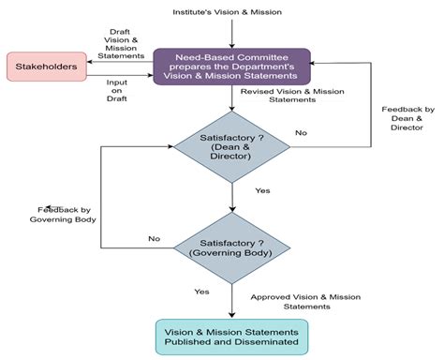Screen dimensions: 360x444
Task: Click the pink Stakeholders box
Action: (45, 67)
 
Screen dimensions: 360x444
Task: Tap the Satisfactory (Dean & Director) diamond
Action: (230, 145)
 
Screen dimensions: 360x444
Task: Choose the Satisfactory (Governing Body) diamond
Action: (230, 247)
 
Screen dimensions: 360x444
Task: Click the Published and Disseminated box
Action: (230, 337)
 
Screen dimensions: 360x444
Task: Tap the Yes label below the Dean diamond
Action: (262, 190)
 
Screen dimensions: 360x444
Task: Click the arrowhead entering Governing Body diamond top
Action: (230, 209)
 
